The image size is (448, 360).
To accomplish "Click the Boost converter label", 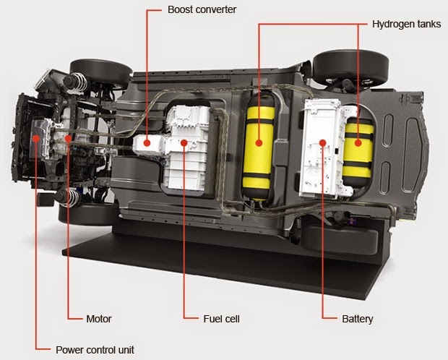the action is pyautogui.click(x=202, y=11).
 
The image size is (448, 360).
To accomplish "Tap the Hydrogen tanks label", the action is pyautogui.click(x=406, y=24).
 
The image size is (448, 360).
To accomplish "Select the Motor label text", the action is pyautogui.click(x=99, y=318).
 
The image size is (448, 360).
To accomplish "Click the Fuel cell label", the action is pyautogui.click(x=221, y=318).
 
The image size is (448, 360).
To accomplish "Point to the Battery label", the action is pyautogui.click(x=357, y=318).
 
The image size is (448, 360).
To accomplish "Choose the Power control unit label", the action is pyautogui.click(x=95, y=350).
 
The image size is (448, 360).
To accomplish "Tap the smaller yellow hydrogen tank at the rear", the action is pyautogui.click(x=357, y=145).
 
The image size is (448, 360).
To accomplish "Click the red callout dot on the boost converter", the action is pyautogui.click(x=147, y=142).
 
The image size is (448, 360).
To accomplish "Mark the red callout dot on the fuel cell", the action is pyautogui.click(x=184, y=142).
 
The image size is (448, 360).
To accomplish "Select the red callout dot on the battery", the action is pyautogui.click(x=322, y=142).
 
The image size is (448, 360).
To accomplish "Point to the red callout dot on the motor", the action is pyautogui.click(x=67, y=137).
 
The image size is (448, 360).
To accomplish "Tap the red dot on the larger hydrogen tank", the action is pyautogui.click(x=259, y=142).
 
